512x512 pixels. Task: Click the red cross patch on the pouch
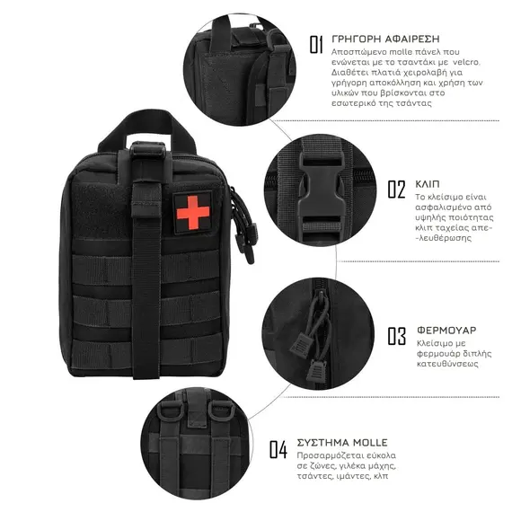click(192, 213)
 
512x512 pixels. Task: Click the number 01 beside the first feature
click(316, 45)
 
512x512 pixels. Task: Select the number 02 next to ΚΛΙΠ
click(396, 189)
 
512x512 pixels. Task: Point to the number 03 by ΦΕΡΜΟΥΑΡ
click(397, 336)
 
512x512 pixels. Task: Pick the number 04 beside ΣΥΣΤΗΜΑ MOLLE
click(278, 449)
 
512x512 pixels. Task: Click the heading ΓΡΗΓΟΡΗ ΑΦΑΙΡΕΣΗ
click(385, 40)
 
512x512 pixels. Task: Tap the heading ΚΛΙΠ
click(428, 184)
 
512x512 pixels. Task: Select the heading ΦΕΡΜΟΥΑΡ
click(446, 331)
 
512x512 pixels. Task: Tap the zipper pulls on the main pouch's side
click(244, 225)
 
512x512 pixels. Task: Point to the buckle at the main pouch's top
click(148, 150)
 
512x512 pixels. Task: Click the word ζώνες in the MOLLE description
click(316, 466)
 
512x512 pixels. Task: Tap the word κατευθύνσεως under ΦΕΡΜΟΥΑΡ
click(447, 364)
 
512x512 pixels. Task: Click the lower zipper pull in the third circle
click(315, 371)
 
